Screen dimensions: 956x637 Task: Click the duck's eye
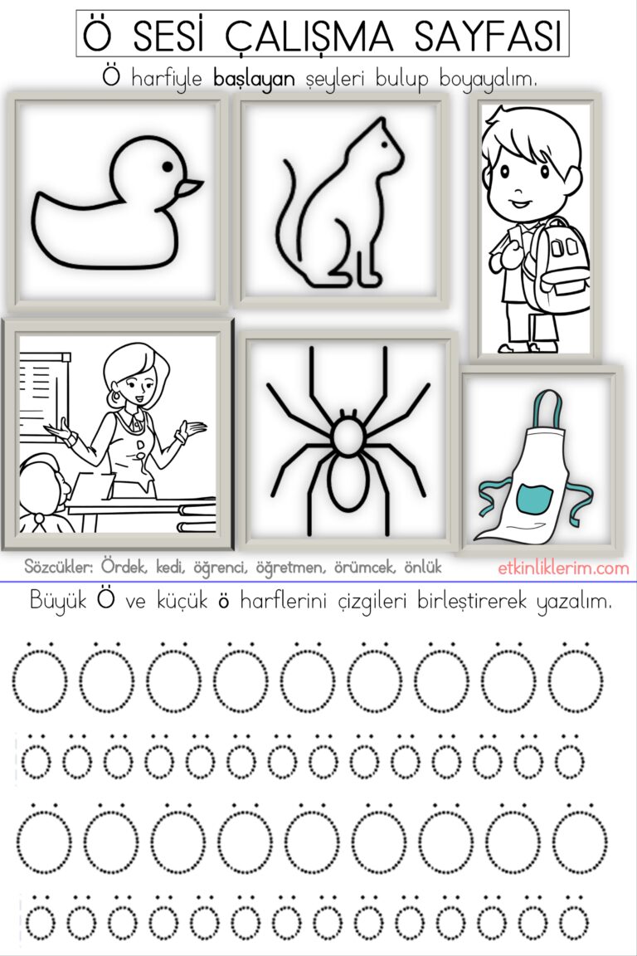[x=168, y=167]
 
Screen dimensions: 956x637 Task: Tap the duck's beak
[x=190, y=188]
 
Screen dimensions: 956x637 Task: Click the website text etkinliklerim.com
[x=564, y=568]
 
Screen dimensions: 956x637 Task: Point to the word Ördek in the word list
[x=124, y=568]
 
